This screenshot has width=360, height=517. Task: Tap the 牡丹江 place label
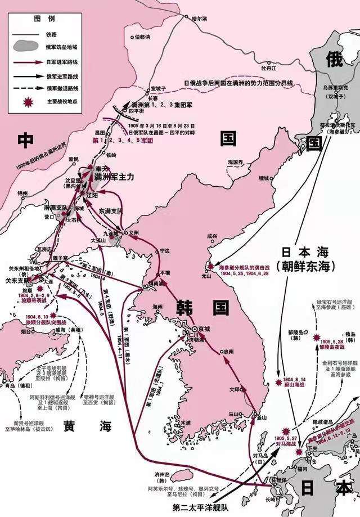click(254, 68)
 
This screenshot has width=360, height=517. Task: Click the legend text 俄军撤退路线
click(61, 88)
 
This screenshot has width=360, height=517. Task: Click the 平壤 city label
click(165, 272)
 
